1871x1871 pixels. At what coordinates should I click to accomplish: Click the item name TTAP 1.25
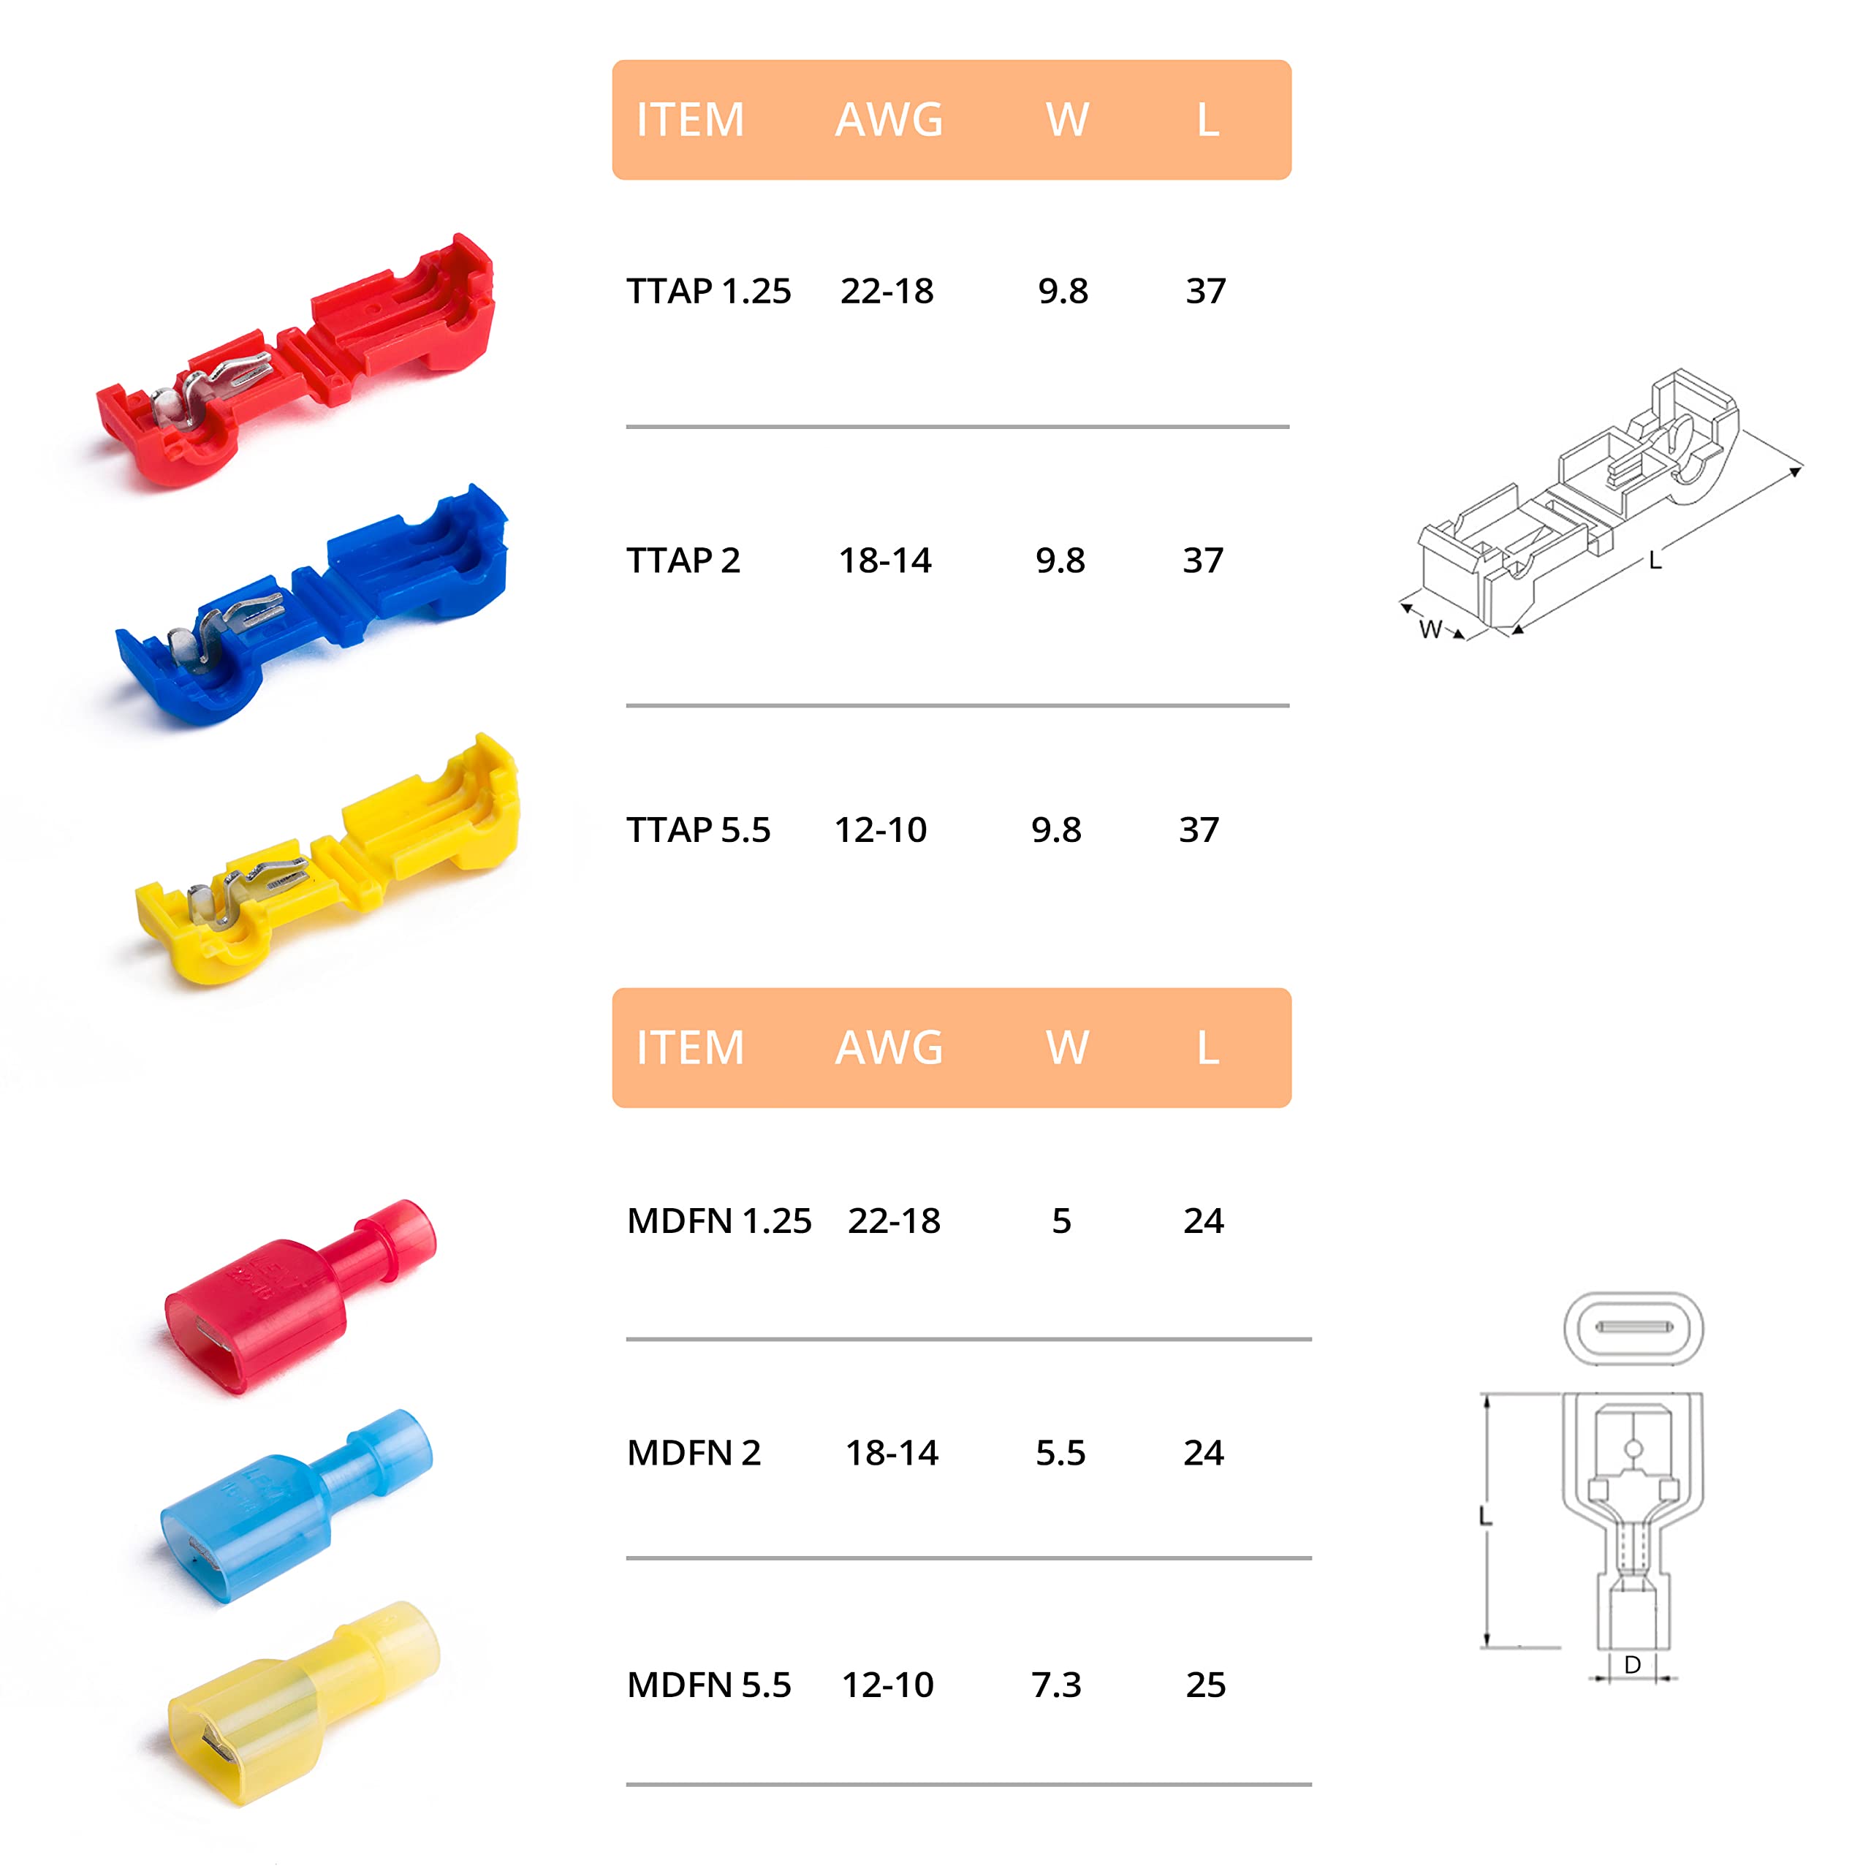coord(709,291)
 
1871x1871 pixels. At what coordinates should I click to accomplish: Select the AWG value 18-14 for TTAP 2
coord(885,560)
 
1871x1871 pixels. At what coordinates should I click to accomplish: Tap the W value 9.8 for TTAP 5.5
coord(1055,829)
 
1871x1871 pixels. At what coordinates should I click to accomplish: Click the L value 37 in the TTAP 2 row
coord(1203,560)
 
